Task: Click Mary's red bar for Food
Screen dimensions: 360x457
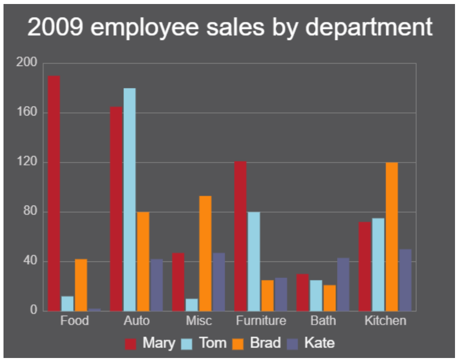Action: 54,193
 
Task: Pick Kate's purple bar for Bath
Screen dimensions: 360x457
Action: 343,284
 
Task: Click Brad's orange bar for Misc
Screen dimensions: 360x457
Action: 205,253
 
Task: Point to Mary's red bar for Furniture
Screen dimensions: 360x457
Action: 240,235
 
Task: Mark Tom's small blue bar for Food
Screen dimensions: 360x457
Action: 67,303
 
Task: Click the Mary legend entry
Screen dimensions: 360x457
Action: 150,343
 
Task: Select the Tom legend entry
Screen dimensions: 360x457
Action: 205,343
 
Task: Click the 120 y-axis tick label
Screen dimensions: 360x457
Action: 26,162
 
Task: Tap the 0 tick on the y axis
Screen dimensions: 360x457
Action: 33,310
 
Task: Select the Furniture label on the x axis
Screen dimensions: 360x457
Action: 261,320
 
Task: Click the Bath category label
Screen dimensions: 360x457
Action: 323,320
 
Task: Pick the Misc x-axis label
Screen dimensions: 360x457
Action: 198,320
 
